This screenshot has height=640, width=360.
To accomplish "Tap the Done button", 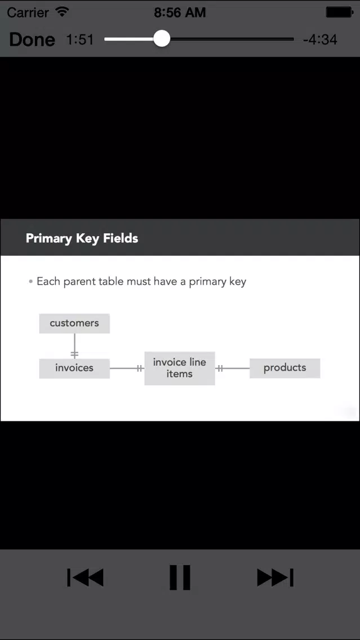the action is (x=32, y=39).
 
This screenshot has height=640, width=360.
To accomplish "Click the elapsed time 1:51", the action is (x=80, y=39).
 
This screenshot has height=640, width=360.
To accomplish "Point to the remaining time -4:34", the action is (x=320, y=39).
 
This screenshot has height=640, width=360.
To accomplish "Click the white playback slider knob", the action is (x=162, y=39).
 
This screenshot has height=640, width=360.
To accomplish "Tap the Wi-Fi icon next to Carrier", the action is (x=63, y=12).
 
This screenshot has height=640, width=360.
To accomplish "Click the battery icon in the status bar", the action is (x=339, y=12).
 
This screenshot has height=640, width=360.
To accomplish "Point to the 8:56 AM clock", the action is (x=180, y=12).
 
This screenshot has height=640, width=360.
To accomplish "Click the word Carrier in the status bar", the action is (x=28, y=12).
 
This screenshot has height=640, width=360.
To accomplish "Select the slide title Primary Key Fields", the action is (x=82, y=238).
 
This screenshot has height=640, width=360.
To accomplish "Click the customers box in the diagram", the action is (x=74, y=323).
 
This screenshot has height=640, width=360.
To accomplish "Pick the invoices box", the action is (x=74, y=368).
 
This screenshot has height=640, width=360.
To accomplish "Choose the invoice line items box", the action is (x=180, y=368).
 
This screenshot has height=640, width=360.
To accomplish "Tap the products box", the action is (x=285, y=368).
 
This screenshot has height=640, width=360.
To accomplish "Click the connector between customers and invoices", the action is (x=74, y=346).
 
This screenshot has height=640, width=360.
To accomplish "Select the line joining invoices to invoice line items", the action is (x=127, y=368).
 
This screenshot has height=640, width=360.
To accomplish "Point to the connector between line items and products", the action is (x=232, y=368).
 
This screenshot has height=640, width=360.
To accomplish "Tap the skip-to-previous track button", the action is (x=85, y=577).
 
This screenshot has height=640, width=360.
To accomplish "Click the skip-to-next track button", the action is (x=275, y=577).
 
